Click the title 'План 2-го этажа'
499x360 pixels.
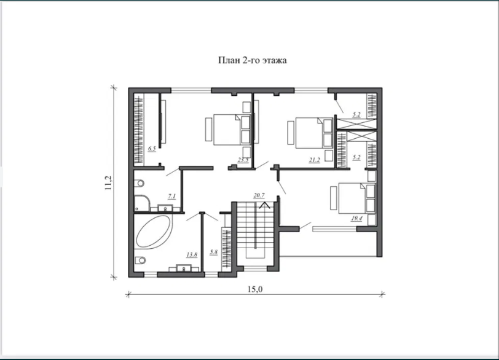(253, 60)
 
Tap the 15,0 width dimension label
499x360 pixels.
(255, 289)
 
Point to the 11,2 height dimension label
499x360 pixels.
(109, 183)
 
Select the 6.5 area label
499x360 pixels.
(152, 149)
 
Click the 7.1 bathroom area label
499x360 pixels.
(172, 196)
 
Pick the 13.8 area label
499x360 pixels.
(192, 254)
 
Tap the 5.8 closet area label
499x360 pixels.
(213, 252)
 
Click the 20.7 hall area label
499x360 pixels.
(259, 195)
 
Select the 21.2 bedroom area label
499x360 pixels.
(315, 160)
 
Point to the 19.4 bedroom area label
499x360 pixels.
(356, 219)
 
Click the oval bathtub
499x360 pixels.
(154, 232)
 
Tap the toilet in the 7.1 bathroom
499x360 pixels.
(139, 183)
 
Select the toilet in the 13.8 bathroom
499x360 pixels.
(139, 260)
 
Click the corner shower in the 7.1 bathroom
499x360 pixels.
(142, 203)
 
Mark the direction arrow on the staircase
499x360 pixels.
(264, 205)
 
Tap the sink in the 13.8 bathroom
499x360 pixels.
(184, 268)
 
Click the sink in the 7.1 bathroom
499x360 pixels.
(165, 208)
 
